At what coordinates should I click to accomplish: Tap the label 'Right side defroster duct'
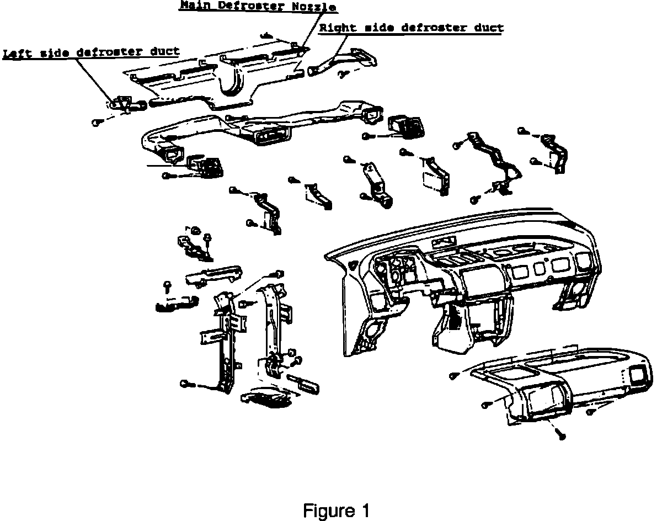click(411, 28)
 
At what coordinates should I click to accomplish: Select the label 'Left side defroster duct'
click(92, 52)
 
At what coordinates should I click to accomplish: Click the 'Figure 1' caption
click(336, 511)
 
